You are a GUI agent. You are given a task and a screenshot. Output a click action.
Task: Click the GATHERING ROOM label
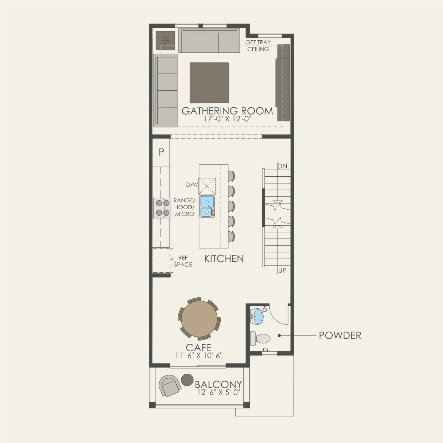pyautogui.click(x=227, y=111)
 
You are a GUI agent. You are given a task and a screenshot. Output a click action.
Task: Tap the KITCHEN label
pyautogui.click(x=224, y=259)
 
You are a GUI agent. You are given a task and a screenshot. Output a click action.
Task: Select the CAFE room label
pyautogui.click(x=198, y=347)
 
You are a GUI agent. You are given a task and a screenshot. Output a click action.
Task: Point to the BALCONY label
pyautogui.click(x=218, y=384)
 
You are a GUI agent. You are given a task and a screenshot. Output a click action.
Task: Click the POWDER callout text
pyautogui.click(x=340, y=336)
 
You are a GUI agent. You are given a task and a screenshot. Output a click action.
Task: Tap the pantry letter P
pyautogui.click(x=161, y=152)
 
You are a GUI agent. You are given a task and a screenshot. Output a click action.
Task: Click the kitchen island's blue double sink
pyautogui.click(x=207, y=206)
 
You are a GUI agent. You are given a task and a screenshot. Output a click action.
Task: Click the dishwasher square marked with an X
pyautogui.click(x=207, y=186)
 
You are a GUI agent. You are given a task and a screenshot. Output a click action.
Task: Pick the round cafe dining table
pyautogui.click(x=199, y=319)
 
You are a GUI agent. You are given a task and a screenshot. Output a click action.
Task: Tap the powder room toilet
pyautogui.click(x=260, y=338)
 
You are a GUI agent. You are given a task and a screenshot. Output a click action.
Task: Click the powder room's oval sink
pyautogui.click(x=257, y=317)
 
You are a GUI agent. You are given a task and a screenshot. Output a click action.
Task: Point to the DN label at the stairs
pyautogui.click(x=282, y=166)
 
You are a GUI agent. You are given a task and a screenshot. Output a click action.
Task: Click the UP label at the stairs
pyautogui.click(x=282, y=271)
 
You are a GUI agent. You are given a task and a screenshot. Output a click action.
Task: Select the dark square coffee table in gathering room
pyautogui.click(x=209, y=83)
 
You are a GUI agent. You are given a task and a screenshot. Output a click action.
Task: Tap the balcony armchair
pyautogui.click(x=170, y=386)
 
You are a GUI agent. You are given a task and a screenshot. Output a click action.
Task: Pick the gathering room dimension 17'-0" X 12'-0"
pyautogui.click(x=227, y=119)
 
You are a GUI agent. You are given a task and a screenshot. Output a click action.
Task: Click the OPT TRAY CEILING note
pyautogui.click(x=258, y=46)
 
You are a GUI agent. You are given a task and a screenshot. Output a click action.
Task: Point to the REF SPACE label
pyautogui.click(x=183, y=261)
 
